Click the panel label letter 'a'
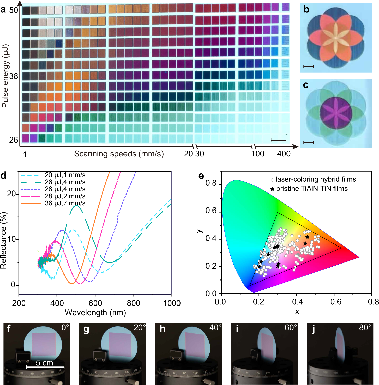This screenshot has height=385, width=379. click(x=3, y=10)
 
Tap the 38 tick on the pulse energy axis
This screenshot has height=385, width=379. click(x=14, y=76)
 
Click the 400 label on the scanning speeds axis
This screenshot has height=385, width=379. click(x=284, y=154)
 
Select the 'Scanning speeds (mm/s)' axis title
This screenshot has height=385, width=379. click(x=119, y=154)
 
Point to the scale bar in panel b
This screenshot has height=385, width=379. click(x=309, y=67)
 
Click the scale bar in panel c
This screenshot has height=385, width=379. click(x=309, y=143)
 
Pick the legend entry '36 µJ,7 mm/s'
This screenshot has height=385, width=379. click(x=65, y=203)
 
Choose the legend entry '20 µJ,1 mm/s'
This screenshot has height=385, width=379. click(x=65, y=175)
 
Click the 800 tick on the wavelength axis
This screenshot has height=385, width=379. click(x=133, y=303)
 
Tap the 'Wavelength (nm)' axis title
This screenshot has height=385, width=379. click(x=95, y=312)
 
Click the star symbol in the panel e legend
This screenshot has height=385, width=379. click(x=272, y=189)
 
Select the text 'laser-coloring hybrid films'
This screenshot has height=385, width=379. click(x=316, y=179)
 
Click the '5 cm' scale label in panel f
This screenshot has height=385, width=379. click(x=44, y=363)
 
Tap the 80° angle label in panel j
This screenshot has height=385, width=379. click(x=365, y=328)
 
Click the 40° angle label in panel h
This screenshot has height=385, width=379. click(x=215, y=328)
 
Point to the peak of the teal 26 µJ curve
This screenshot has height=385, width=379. click(x=76, y=206)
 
